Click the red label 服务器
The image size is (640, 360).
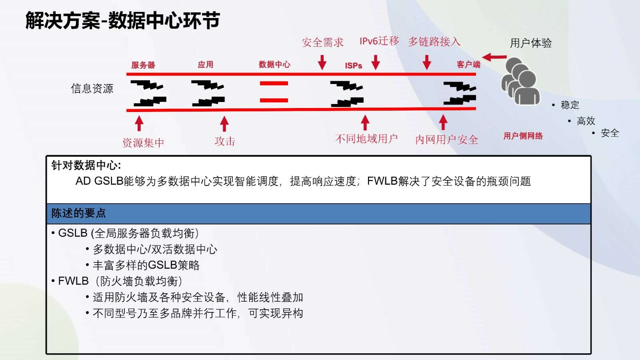pyautogui.click(x=143, y=65)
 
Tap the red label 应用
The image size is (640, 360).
pyautogui.click(x=206, y=64)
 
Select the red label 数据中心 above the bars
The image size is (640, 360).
pyautogui.click(x=274, y=64)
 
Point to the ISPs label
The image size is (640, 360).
pyautogui.click(x=354, y=66)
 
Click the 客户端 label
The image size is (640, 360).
pyautogui.click(x=468, y=64)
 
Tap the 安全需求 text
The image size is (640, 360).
pyautogui.click(x=322, y=42)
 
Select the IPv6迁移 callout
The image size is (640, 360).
pyautogui.click(x=379, y=41)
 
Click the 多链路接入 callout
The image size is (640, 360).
pyautogui.click(x=434, y=42)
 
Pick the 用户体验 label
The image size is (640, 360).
pyautogui.click(x=531, y=43)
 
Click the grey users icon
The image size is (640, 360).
pyautogui.click(x=520, y=82)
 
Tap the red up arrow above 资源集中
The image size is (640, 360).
pyautogui.click(x=139, y=123)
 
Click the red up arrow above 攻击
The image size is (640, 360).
pyautogui.click(x=224, y=124)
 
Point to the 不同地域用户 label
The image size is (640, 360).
pyautogui.click(x=366, y=139)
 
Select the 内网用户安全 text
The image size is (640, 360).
pyautogui.click(x=446, y=140)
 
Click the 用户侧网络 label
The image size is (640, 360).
pyautogui.click(x=523, y=136)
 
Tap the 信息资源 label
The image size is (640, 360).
pyautogui.click(x=92, y=88)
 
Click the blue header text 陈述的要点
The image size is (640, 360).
pyautogui.click(x=78, y=213)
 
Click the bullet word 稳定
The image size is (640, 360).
pyautogui.click(x=570, y=105)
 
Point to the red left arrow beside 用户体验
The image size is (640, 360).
pyautogui.click(x=494, y=57)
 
